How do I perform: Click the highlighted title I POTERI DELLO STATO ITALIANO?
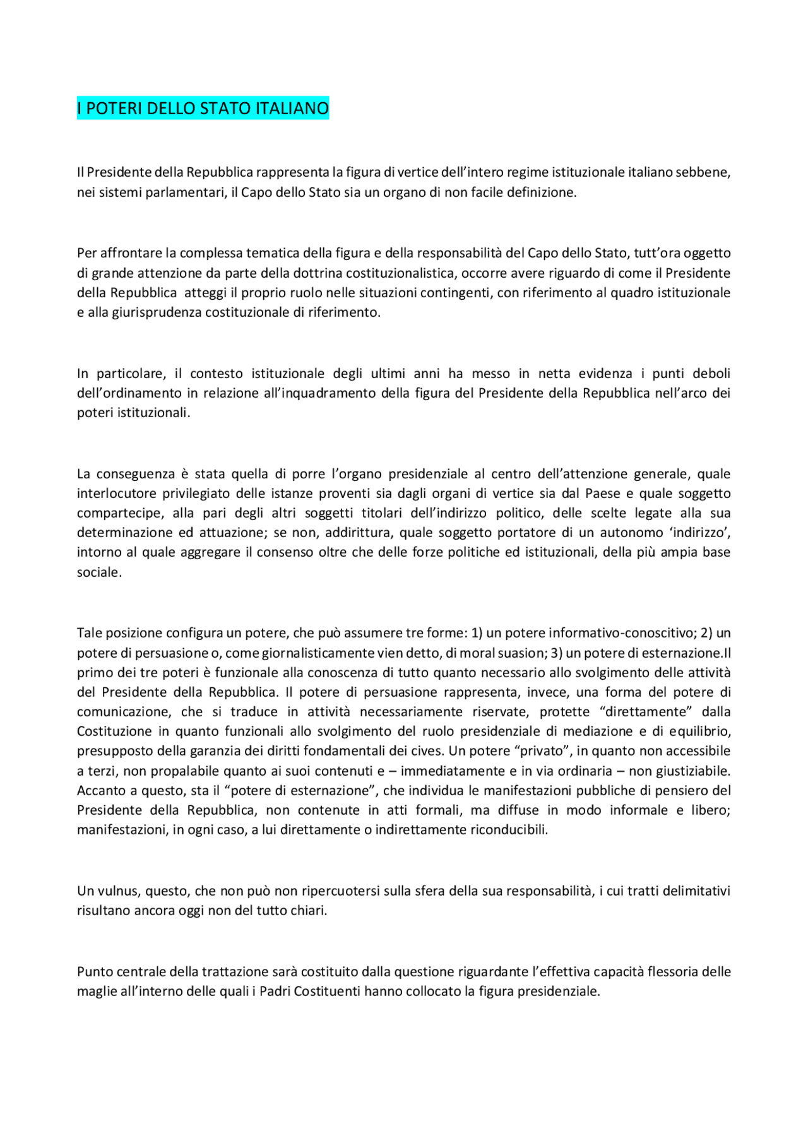[x=203, y=109]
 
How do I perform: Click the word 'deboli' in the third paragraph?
[x=711, y=374]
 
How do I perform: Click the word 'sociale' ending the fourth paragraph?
[x=98, y=572]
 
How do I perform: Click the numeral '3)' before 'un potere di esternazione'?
[x=556, y=653]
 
